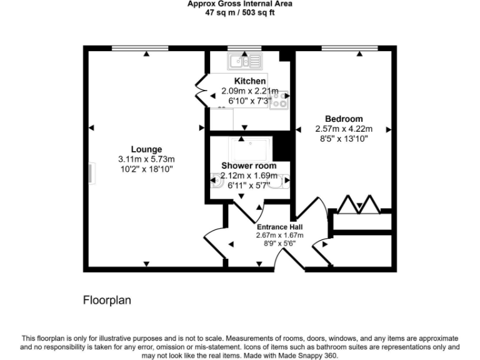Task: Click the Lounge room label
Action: [147, 149]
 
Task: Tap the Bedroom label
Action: [343, 119]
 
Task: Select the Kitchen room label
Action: [250, 81]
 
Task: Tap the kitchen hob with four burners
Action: [279, 100]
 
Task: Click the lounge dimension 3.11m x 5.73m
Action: [147, 159]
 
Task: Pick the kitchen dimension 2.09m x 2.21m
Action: [250, 91]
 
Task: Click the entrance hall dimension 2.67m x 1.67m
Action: [279, 235]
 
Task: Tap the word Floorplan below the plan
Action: [107, 301]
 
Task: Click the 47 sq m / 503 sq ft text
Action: [240, 12]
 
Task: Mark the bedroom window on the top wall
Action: [349, 47]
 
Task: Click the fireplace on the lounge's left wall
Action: [91, 174]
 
